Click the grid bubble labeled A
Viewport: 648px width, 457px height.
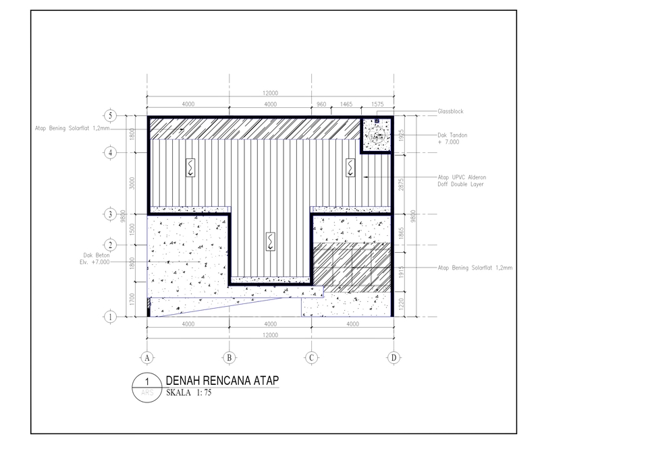(146, 358)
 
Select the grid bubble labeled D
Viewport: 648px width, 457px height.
(393, 358)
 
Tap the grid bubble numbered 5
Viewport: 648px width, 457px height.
(111, 115)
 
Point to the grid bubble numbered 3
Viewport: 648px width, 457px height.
(111, 214)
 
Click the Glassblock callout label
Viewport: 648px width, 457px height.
(450, 111)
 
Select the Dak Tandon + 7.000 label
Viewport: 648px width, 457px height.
(452, 139)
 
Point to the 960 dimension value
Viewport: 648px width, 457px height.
(321, 104)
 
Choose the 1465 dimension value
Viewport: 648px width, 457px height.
(346, 104)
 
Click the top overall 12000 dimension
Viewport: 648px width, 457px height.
(270, 93)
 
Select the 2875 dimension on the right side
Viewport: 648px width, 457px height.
(403, 183)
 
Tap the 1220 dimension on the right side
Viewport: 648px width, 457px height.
(403, 304)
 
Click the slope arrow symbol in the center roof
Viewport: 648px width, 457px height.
(270, 241)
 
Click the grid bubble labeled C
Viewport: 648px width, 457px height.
(311, 358)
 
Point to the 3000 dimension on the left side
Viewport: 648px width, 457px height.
(133, 183)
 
